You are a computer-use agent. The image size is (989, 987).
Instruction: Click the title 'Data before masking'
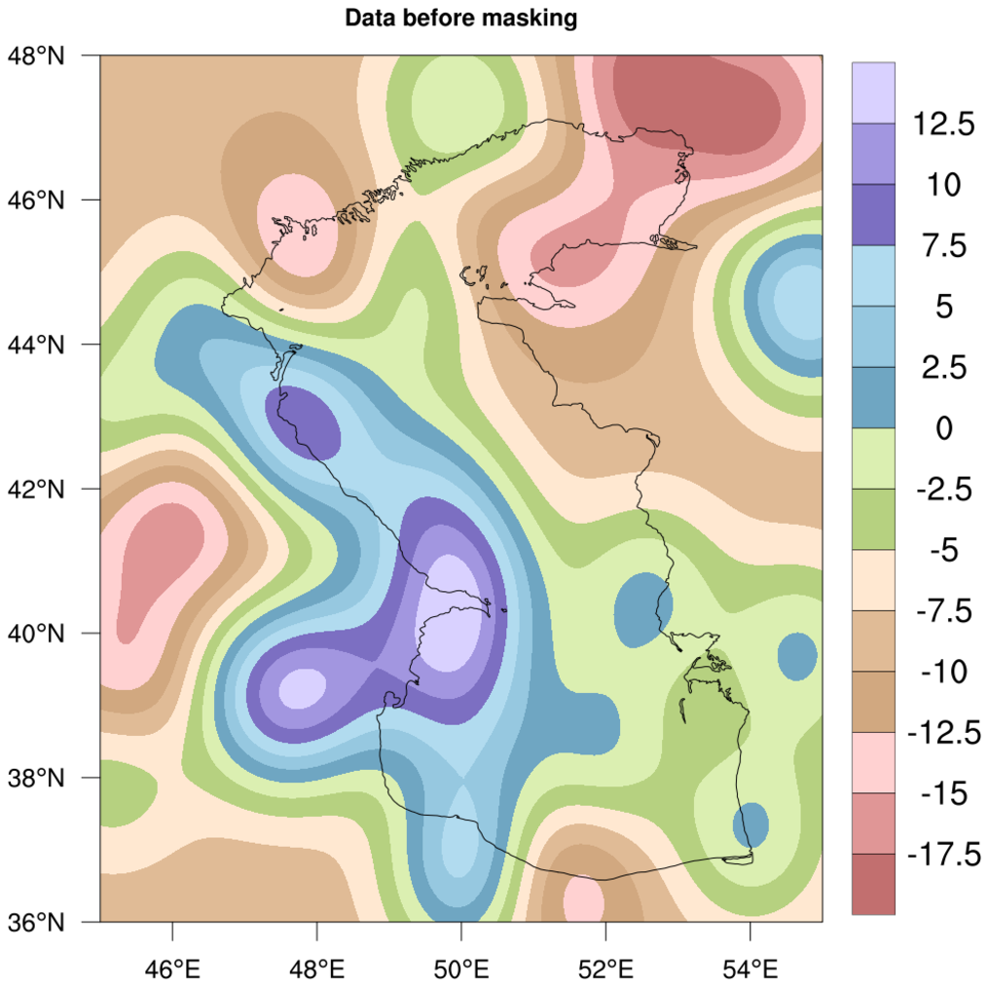(x=461, y=18)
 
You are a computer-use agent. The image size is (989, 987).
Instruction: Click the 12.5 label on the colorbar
(x=942, y=124)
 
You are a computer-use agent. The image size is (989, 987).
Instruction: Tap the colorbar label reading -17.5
(x=942, y=855)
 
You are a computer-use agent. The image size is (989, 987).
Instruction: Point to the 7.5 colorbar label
(x=942, y=245)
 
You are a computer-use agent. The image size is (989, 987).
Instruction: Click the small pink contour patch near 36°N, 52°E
(x=583, y=898)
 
